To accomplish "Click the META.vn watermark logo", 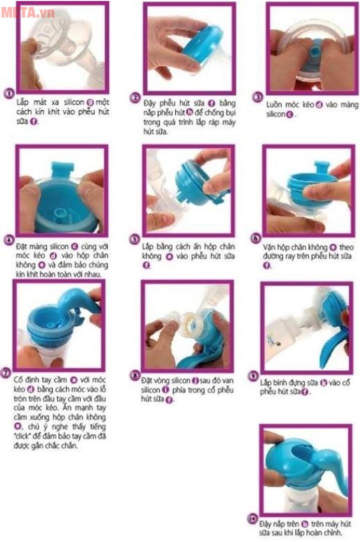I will pyautogui.click(x=28, y=12).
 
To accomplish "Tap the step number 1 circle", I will pyautogui.click(x=8, y=94).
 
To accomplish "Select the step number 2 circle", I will pyautogui.click(x=135, y=97).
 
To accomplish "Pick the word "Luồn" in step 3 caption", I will pyautogui.click(x=275, y=105).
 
